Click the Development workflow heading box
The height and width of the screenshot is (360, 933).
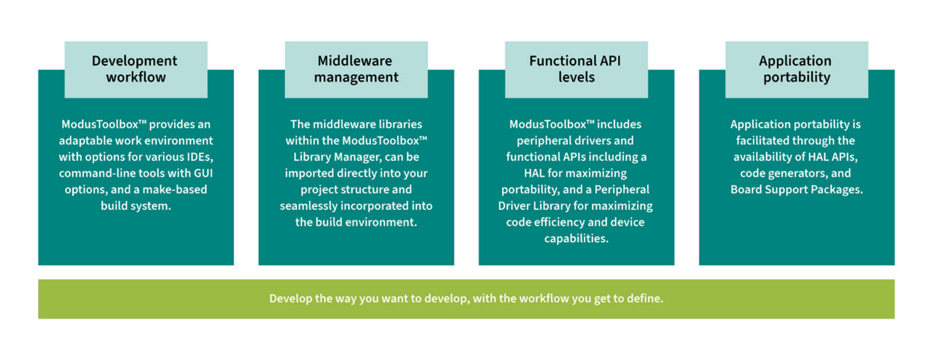point(136,69)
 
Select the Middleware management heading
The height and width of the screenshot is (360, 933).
point(356,69)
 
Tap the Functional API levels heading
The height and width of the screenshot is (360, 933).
point(576,69)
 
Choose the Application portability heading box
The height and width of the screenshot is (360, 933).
point(796,69)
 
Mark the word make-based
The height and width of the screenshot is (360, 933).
point(181,189)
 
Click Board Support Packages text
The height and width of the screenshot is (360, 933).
point(796,189)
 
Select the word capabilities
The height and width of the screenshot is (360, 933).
point(576,238)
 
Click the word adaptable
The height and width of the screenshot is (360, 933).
point(88,141)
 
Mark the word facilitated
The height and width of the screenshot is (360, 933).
point(765,141)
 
